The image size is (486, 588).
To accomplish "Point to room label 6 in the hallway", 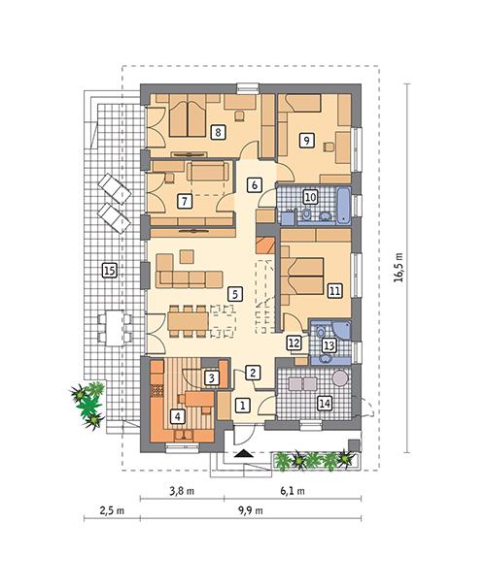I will (x=254, y=182).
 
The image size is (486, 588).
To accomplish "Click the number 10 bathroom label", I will (x=310, y=197).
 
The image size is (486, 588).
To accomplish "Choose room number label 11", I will (x=334, y=289).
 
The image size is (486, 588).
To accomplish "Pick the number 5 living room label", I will (x=233, y=291).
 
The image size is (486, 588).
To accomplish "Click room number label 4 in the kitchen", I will (x=177, y=416).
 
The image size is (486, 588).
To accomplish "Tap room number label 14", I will (x=324, y=403).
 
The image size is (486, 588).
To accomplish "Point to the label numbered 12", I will (x=294, y=343).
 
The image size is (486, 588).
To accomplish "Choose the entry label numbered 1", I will (x=244, y=404).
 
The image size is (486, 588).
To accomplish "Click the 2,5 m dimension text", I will (x=110, y=513).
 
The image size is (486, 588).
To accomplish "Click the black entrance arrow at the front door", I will (x=241, y=452).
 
